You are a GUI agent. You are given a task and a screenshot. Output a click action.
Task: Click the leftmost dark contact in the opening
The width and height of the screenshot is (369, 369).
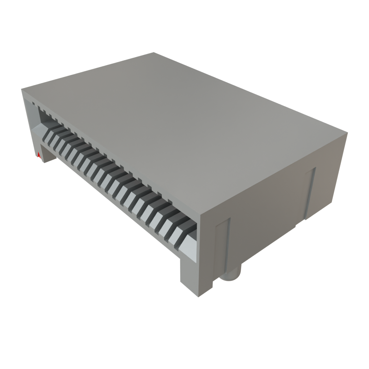click(x=48, y=134)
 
